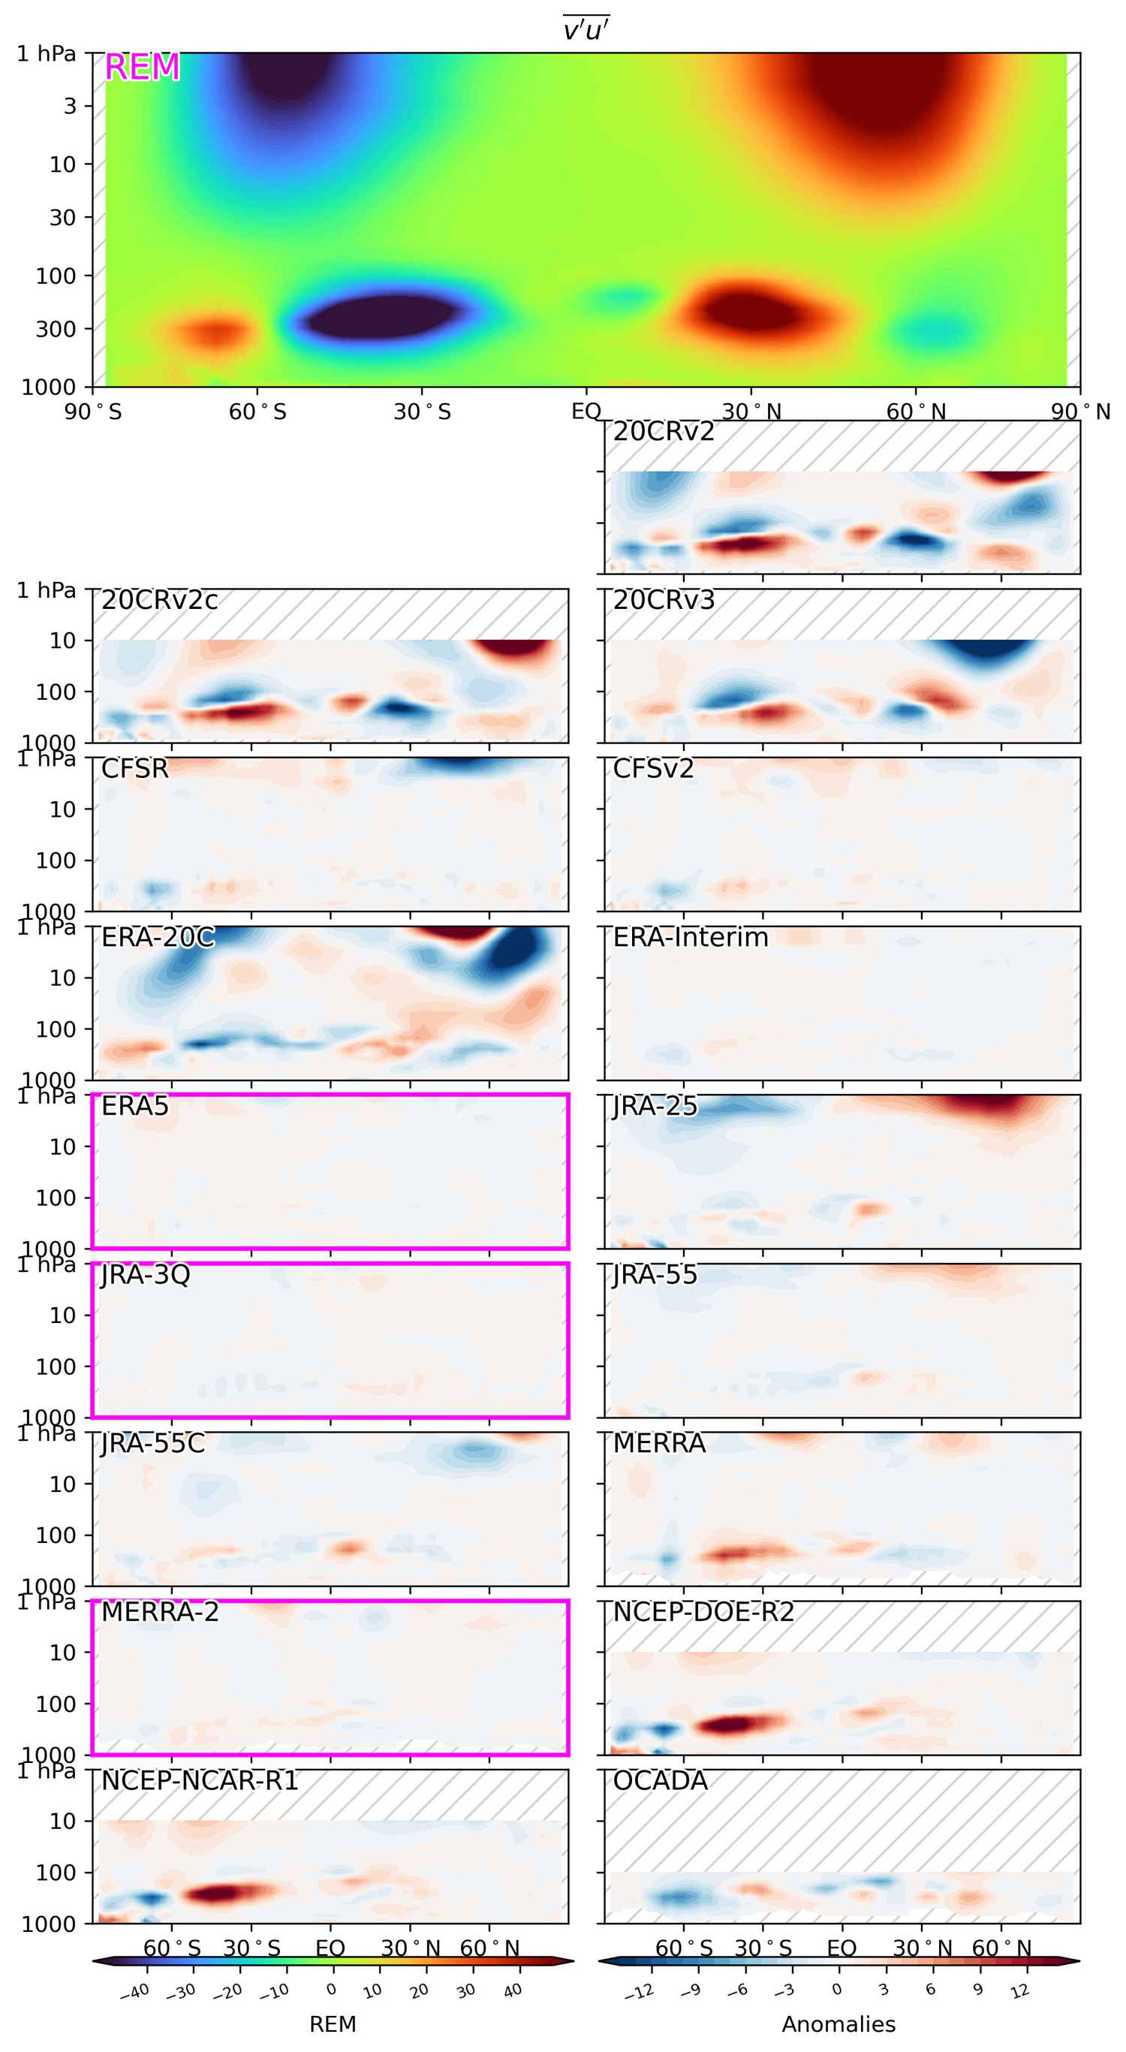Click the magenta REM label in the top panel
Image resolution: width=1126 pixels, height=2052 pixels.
tap(142, 68)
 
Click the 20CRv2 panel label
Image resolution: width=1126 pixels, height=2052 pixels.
tap(664, 432)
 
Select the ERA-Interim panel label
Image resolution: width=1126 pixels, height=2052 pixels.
tap(690, 938)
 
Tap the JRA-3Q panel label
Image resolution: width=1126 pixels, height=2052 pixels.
tap(145, 1275)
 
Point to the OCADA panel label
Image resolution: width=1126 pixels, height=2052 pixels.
tap(659, 1780)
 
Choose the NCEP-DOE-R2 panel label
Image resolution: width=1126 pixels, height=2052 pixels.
tap(703, 1611)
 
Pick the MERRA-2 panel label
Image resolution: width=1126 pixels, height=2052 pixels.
tap(159, 1611)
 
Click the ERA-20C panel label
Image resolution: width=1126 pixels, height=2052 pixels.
tap(158, 938)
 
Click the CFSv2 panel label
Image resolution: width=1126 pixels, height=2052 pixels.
tap(653, 769)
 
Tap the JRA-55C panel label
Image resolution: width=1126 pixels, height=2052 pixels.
tap(152, 1443)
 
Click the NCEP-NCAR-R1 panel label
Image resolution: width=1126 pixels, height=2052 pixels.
tap(199, 1780)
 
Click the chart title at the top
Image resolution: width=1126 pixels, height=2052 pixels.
tap(586, 30)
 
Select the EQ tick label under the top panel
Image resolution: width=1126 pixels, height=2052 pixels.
tap(586, 412)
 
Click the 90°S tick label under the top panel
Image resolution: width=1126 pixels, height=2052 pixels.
tap(93, 412)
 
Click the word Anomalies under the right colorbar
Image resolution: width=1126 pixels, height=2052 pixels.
tap(838, 2024)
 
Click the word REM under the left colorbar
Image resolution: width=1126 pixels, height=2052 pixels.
tap(332, 2024)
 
